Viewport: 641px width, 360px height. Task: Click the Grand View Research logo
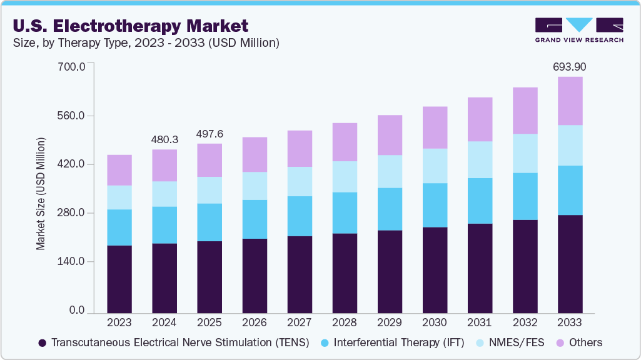pos(578,30)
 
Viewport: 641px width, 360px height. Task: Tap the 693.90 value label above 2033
pos(569,66)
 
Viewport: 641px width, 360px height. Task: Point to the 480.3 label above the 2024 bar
pos(164,139)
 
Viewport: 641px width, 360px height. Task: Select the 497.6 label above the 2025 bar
pos(209,133)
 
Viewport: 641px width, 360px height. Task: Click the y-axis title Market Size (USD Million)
pos(41,192)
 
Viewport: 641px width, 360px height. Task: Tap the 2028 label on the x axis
pos(344,323)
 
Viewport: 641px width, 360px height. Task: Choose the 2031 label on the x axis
pos(479,323)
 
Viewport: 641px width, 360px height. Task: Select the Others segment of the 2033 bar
pos(570,101)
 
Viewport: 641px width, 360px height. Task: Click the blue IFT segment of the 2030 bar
pos(435,205)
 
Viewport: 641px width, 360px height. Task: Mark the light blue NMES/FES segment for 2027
pos(300,181)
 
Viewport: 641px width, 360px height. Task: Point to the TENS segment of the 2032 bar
pos(525,266)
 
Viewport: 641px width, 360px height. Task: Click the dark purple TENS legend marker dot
pos(42,343)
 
